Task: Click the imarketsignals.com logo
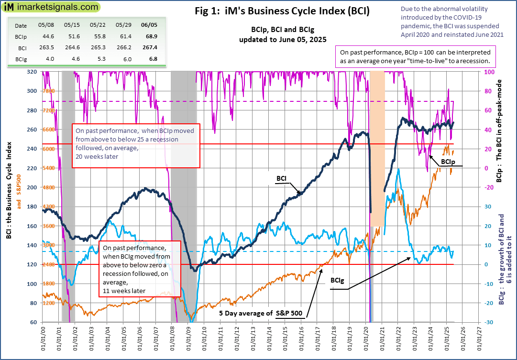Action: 50,8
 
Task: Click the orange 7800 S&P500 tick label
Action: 49,91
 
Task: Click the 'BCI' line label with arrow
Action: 282,178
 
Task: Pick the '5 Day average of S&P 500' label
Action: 261,314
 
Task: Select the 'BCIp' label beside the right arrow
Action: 448,162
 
